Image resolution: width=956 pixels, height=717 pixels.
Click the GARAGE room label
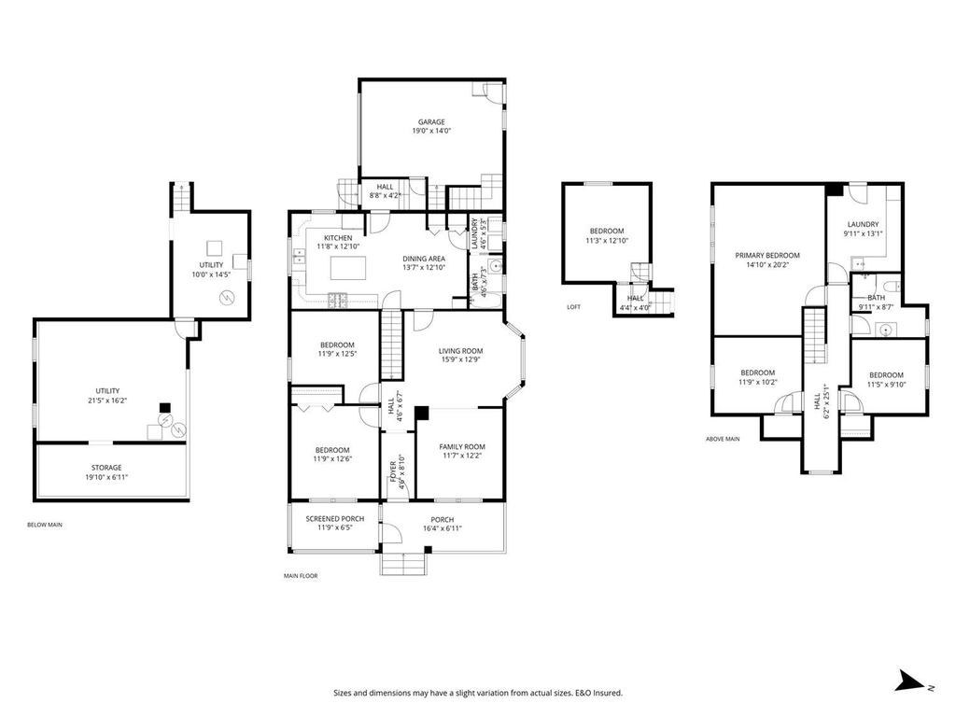431,121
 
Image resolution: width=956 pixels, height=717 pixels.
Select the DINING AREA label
424,259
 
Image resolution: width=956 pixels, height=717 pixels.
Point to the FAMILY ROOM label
462,447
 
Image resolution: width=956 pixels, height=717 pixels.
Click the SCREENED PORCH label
335,519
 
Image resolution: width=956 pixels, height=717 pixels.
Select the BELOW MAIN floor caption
45,526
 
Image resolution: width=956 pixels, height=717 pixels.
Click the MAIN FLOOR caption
301,576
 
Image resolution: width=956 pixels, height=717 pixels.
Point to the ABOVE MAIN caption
723,438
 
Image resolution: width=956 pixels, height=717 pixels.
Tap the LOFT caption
574,307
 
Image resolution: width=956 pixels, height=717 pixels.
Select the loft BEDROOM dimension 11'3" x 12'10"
606,241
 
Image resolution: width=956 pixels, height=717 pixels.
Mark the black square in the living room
422,412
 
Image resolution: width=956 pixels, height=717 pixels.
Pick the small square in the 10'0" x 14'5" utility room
215,247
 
